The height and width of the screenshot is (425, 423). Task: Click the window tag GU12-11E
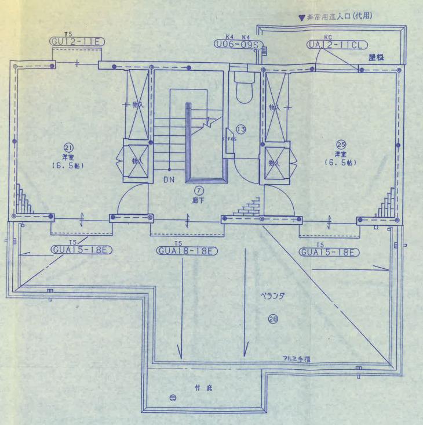[76, 42]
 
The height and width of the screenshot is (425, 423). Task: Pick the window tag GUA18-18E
[187, 251]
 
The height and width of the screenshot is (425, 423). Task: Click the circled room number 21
[67, 147]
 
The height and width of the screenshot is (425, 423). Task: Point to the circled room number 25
[341, 144]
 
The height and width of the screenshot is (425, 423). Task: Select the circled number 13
[240, 129]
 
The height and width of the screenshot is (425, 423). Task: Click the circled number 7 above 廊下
[199, 190]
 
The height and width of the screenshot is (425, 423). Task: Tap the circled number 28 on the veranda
[272, 318]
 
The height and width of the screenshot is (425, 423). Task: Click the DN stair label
[168, 180]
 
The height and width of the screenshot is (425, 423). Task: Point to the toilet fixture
[245, 90]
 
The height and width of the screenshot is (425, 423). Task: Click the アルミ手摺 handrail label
[296, 359]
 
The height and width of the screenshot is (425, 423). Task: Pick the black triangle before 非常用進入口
[301, 18]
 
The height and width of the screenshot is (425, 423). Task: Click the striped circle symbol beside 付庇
[172, 398]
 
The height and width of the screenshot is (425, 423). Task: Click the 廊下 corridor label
[199, 200]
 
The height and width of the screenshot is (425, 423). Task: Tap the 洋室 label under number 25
[340, 154]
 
